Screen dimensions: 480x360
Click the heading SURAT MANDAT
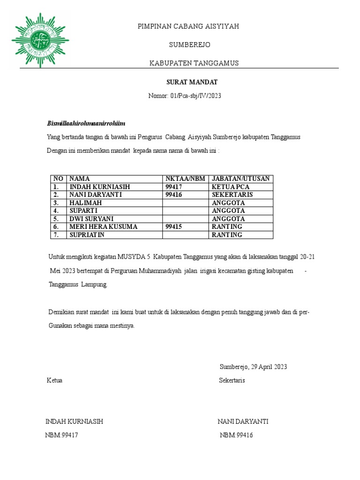click(192, 82)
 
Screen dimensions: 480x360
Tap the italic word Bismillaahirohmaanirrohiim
click(86, 123)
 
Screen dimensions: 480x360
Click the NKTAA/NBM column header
click(185, 179)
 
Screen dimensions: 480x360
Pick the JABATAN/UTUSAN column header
click(240, 179)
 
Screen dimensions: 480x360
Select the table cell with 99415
click(173, 227)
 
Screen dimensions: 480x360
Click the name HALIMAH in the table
click(85, 203)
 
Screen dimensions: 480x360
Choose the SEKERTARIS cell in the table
click(232, 195)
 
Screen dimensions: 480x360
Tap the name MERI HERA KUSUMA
click(103, 227)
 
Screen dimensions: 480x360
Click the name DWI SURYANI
click(91, 219)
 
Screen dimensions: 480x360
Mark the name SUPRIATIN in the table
click(87, 235)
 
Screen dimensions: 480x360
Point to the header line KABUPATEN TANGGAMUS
click(194, 63)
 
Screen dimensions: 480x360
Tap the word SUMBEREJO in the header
click(189, 45)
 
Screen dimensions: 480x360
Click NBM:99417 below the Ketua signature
click(61, 435)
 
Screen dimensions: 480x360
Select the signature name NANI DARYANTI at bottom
click(243, 421)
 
